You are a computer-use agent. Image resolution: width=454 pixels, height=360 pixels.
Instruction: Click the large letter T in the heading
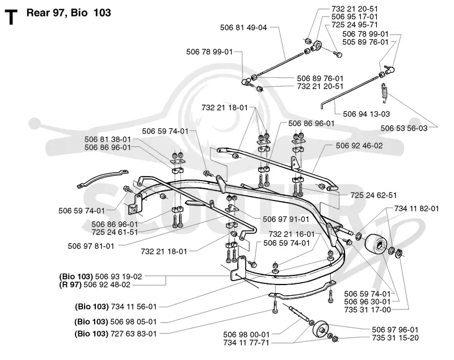point(11,17)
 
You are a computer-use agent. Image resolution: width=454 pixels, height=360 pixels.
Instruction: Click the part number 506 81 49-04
point(243,27)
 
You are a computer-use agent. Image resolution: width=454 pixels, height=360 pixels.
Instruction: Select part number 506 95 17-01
point(354,17)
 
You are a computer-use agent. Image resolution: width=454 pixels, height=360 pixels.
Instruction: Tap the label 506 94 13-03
point(366,114)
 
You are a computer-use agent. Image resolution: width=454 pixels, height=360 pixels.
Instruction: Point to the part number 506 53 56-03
point(403,128)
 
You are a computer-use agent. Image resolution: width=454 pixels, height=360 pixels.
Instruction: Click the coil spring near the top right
point(384,93)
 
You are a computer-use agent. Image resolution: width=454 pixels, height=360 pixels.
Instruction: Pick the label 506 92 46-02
point(359,145)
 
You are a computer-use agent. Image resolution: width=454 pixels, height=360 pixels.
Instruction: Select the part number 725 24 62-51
point(373,195)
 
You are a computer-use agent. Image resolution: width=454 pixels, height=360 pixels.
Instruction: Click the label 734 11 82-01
point(417,208)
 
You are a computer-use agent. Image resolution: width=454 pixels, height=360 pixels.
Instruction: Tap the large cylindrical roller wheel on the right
point(375,244)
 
